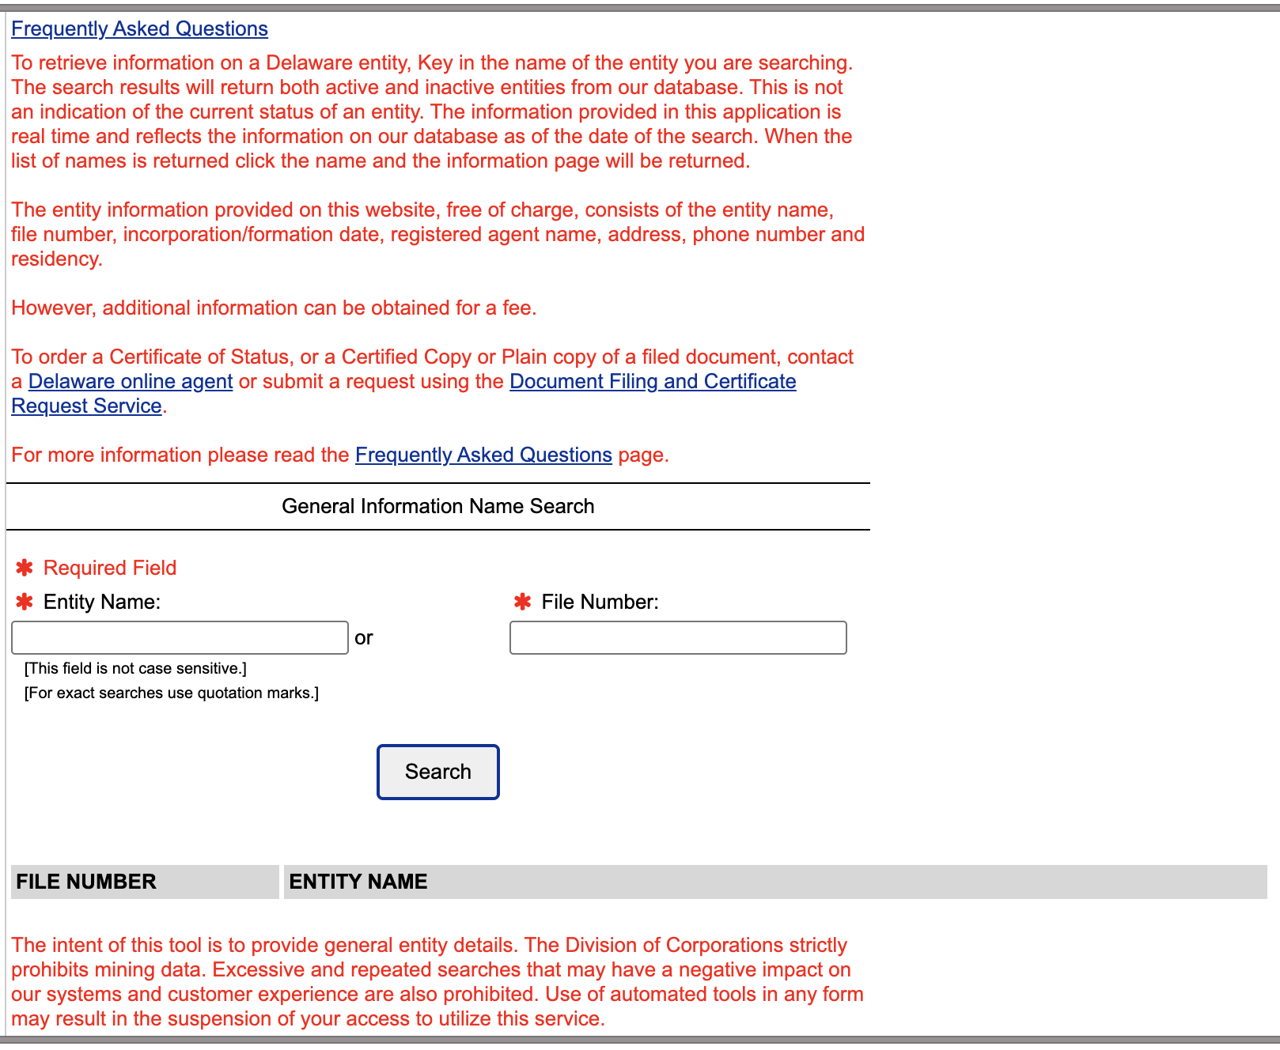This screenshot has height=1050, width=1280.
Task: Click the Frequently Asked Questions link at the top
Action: (139, 29)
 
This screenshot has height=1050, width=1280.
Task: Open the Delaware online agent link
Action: (131, 382)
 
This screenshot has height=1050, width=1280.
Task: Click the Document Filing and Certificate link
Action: (652, 382)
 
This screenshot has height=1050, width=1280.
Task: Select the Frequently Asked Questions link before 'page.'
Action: (483, 455)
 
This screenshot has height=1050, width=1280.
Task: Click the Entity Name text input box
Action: (180, 638)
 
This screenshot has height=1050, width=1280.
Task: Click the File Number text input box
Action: (678, 638)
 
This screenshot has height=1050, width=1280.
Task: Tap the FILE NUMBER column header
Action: (86, 882)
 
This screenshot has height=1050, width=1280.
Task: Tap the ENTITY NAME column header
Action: (358, 882)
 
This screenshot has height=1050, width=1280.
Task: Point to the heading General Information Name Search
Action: (437, 507)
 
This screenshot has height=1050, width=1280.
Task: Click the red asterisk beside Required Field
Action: (25, 568)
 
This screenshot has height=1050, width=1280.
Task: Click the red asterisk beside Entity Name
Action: (25, 602)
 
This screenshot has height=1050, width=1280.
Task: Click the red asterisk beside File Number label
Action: (522, 602)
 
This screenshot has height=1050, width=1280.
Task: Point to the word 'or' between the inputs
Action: (364, 638)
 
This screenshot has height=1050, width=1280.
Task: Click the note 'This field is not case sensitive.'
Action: (135, 669)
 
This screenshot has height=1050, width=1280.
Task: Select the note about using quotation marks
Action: (172, 693)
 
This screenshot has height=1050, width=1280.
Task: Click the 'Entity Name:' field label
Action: (102, 602)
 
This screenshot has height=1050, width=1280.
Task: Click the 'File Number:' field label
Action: (600, 602)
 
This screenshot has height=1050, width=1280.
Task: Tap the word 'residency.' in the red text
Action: (57, 259)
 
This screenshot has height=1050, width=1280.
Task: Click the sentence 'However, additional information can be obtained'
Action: (274, 308)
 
